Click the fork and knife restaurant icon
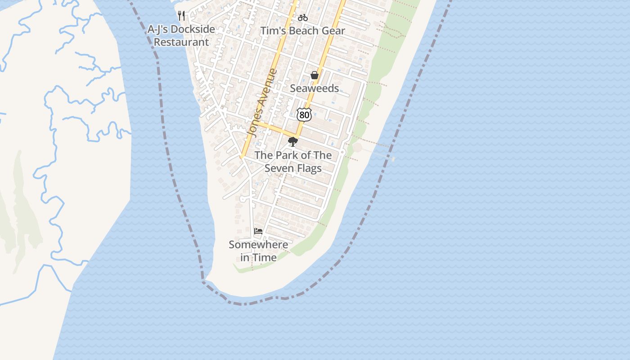coord(181,16)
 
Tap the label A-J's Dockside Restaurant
coord(181,36)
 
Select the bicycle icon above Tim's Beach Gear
coord(303,18)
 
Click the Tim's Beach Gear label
coord(303,31)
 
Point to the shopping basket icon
coord(315,75)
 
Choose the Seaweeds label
coord(314,88)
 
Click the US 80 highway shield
coord(305,115)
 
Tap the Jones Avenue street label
coord(262,103)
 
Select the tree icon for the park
coord(293,142)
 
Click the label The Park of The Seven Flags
coord(293,162)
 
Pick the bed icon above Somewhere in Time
coord(258,231)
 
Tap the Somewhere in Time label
coord(258,251)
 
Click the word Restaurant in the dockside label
coord(181,42)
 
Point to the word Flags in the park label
coord(309,168)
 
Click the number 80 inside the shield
coord(305,115)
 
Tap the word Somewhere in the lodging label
coord(258,245)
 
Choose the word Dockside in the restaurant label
coord(193,29)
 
